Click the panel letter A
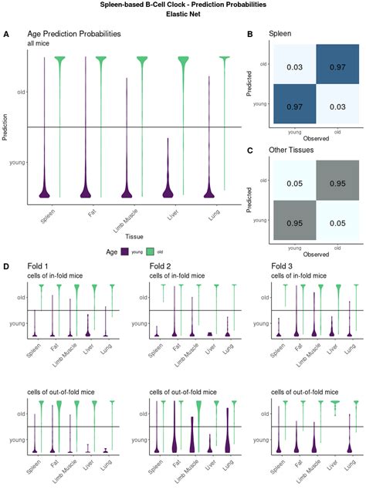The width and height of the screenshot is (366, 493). pyautogui.click(x=6, y=35)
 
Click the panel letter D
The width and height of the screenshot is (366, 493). pyautogui.click(x=6, y=267)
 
